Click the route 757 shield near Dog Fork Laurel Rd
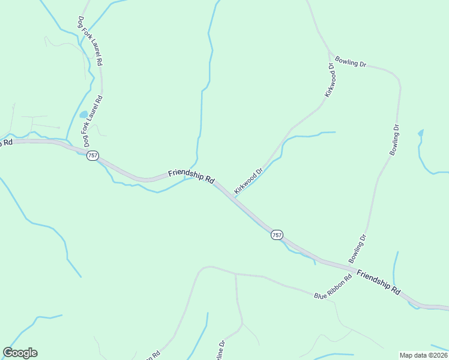tap(92, 155)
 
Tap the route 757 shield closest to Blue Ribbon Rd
tap(277, 235)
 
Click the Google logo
tap(20, 353)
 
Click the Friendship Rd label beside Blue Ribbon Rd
tap(378, 281)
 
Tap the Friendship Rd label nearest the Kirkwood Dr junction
tap(191, 176)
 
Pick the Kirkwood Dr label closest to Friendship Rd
tap(249, 181)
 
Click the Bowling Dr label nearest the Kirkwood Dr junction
tap(351, 62)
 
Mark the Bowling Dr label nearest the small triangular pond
tap(394, 140)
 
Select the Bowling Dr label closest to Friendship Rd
tap(357, 248)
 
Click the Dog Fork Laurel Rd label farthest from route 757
tap(89, 41)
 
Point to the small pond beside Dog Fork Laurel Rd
tap(83, 114)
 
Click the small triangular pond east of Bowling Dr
tap(421, 132)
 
